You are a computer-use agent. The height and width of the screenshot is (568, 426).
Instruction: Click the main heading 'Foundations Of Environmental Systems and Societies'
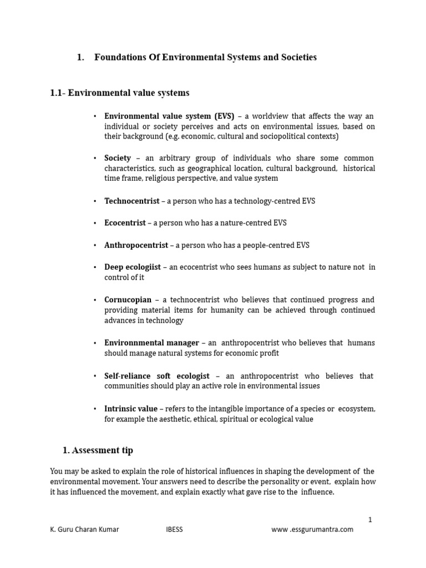click(x=205, y=57)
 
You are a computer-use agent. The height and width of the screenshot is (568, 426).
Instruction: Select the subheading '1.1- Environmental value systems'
click(x=119, y=93)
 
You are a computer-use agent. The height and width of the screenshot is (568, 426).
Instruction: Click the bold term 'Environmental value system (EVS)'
click(x=169, y=116)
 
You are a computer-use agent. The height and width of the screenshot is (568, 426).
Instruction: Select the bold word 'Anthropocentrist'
click(x=136, y=245)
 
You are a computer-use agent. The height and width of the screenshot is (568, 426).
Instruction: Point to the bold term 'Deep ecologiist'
click(x=133, y=267)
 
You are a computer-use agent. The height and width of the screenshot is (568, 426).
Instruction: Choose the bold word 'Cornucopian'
click(x=128, y=300)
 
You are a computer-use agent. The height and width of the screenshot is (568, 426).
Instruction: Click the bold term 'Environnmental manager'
click(x=151, y=343)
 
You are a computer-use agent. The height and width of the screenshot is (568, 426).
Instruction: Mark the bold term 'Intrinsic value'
click(x=131, y=408)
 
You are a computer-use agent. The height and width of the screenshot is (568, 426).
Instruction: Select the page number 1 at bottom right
click(x=370, y=519)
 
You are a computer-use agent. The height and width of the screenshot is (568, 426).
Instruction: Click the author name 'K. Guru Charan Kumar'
click(x=84, y=529)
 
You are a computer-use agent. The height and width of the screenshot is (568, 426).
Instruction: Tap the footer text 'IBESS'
click(x=174, y=529)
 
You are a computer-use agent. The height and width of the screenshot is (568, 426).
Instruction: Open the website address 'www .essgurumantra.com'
click(x=312, y=529)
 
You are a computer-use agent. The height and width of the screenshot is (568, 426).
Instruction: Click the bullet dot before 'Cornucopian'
click(x=95, y=300)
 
